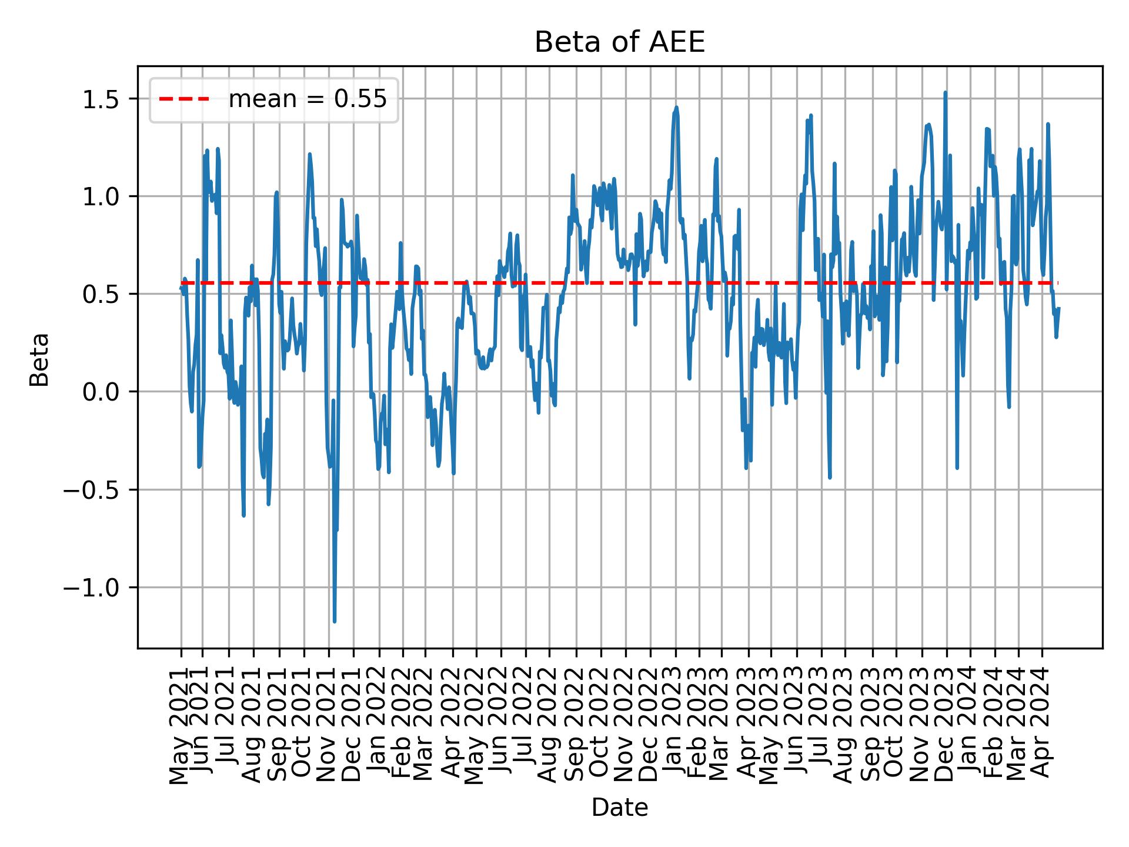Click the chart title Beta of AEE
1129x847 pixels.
pyautogui.click(x=619, y=43)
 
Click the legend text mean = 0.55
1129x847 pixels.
pyautogui.click(x=308, y=100)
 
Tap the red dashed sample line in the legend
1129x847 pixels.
pyautogui.click(x=184, y=100)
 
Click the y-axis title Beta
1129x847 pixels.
pyautogui.click(x=39, y=359)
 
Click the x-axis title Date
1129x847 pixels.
pyautogui.click(x=619, y=808)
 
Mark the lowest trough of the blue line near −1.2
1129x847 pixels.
pyautogui.click(x=335, y=621)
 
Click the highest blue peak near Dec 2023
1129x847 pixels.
pyautogui.click(x=945, y=92)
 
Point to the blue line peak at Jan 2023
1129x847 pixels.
pyautogui.click(x=676, y=107)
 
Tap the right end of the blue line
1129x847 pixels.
pyautogui.click(x=1058, y=308)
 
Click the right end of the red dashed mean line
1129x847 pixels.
pyautogui.click(x=1057, y=284)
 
